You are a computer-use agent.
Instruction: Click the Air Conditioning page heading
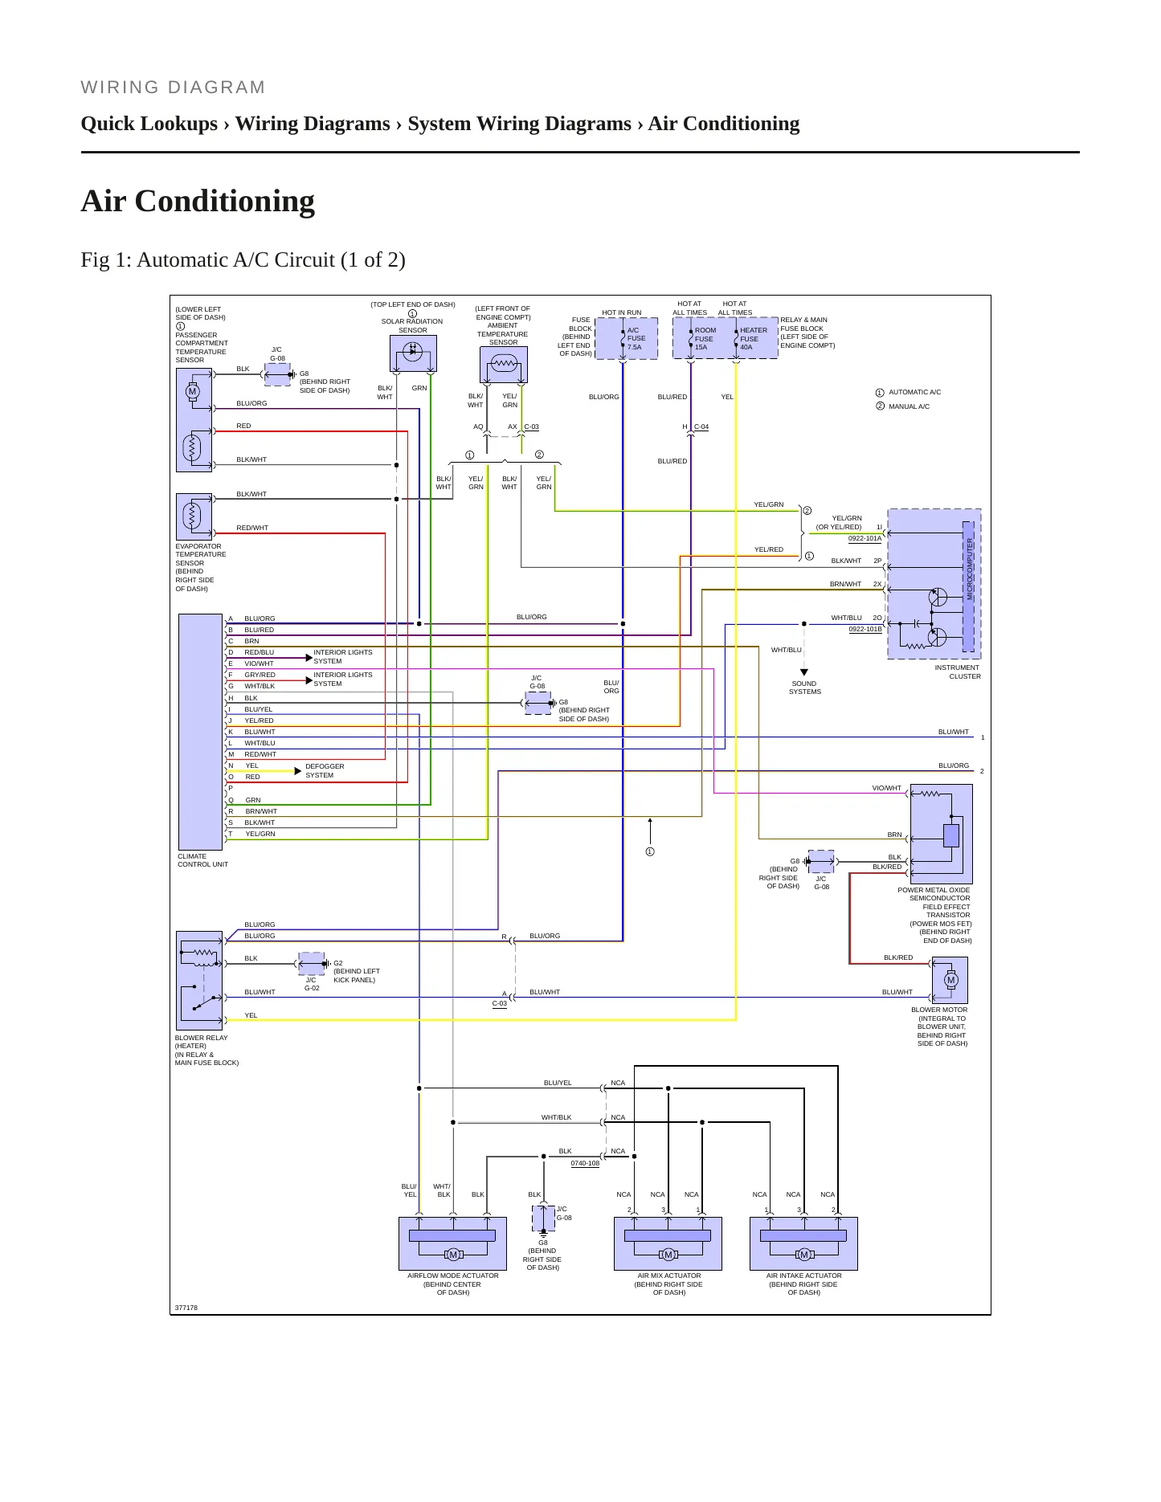[198, 201]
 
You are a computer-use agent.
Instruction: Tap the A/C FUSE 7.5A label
[636, 338]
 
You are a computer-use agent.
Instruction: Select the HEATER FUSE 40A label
[753, 338]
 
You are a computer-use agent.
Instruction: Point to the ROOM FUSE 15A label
[705, 338]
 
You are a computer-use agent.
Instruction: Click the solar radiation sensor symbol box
[413, 353]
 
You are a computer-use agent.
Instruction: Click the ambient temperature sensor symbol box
[504, 365]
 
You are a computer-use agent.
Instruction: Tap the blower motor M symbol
[951, 980]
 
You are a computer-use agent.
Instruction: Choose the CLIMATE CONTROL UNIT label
[202, 860]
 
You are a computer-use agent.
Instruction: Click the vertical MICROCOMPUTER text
[970, 569]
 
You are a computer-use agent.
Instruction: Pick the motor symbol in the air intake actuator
[803, 1255]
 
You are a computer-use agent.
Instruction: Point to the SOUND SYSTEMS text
[804, 688]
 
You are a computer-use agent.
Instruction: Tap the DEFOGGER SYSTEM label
[325, 770]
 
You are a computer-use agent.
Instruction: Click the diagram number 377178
[186, 1308]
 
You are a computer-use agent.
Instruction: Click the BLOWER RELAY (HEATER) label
[201, 1042]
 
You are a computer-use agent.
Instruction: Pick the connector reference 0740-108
[585, 1163]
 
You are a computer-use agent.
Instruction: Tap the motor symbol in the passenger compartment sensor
[192, 392]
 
